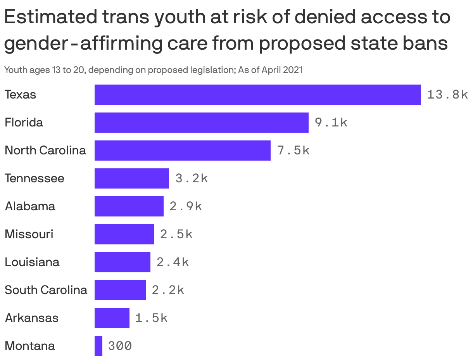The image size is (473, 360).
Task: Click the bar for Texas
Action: pos(257,95)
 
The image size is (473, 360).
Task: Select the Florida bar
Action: pos(201,123)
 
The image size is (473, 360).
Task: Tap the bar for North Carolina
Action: pos(182,151)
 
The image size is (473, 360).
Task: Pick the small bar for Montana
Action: pos(98,346)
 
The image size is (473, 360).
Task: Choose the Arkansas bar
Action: pos(112,318)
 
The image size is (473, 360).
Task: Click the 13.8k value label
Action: pos(447,95)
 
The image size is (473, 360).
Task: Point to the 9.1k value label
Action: pos(331,123)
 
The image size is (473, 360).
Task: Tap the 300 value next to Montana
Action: pos(120,346)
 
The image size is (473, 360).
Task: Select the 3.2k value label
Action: pos(192,178)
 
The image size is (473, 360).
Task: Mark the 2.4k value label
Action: pos(173,262)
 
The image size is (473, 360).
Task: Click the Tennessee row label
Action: pos(35,178)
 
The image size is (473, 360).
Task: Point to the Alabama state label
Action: pos(30,206)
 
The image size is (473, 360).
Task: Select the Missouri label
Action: pos(29,234)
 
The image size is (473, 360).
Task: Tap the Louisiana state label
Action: pos(32,262)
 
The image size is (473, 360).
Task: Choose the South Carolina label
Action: pos(46,290)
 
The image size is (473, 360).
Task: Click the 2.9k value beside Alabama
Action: pos(186,206)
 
